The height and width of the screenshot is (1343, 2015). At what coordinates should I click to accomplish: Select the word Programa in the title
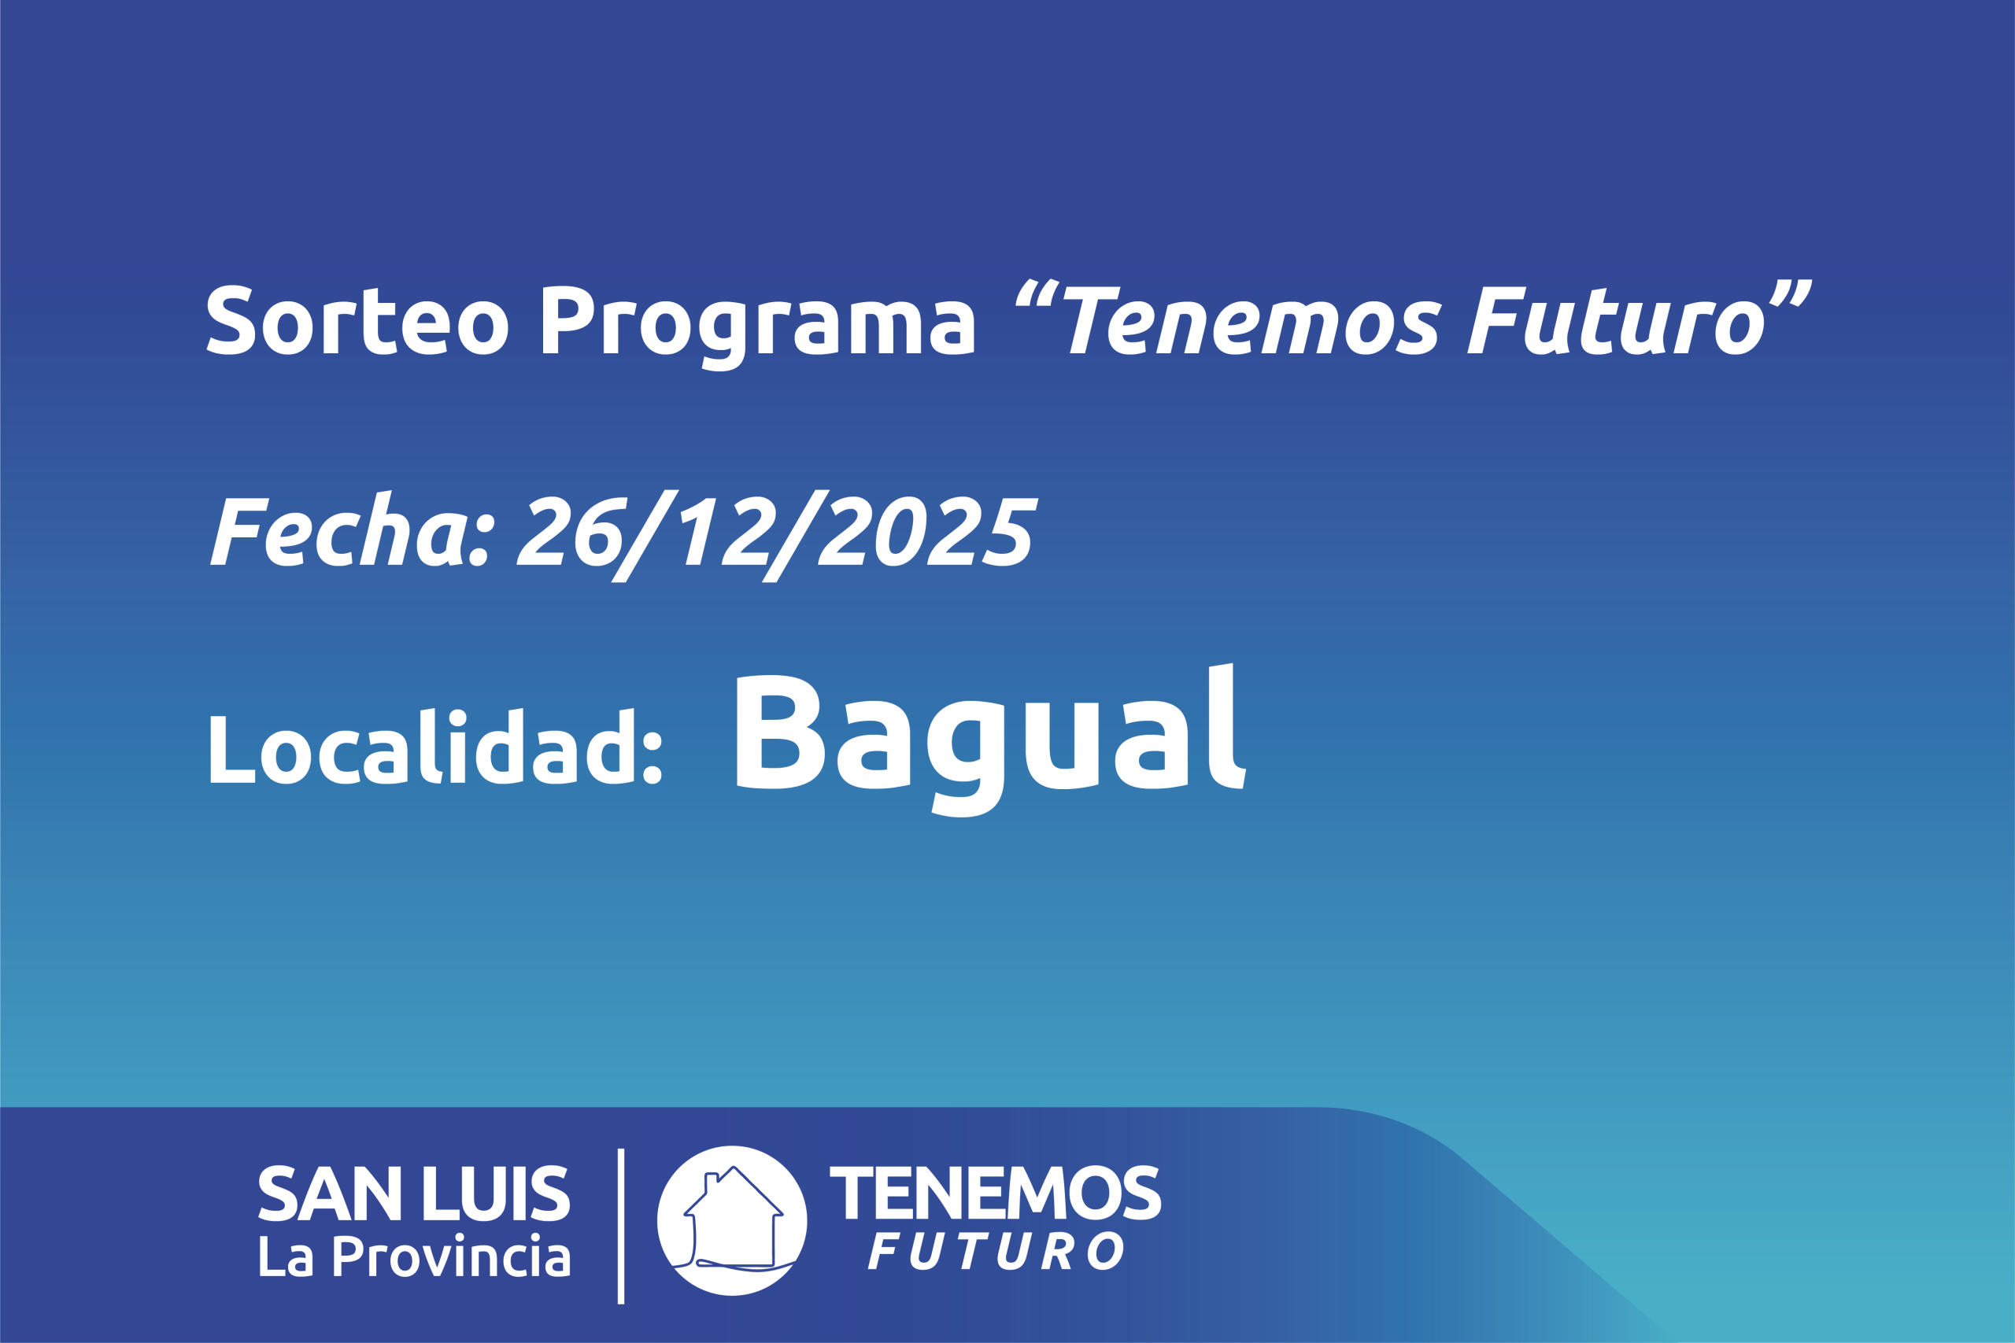pyautogui.click(x=758, y=327)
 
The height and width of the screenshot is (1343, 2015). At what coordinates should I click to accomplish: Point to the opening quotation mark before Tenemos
pyautogui.click(x=1037, y=292)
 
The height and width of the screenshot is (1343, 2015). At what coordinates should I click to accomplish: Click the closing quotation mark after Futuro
pyautogui.click(x=1791, y=292)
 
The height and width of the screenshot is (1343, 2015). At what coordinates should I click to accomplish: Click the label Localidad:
pyautogui.click(x=436, y=746)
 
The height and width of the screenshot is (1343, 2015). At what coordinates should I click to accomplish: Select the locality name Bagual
pyautogui.click(x=991, y=740)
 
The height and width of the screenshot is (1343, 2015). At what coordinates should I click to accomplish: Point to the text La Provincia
pyautogui.click(x=415, y=1256)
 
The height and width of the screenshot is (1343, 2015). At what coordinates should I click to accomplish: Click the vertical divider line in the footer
pyautogui.click(x=621, y=1226)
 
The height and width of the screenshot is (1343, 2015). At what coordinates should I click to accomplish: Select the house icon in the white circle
pyautogui.click(x=734, y=1219)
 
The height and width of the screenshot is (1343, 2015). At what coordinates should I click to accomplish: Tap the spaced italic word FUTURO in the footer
pyautogui.click(x=996, y=1252)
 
